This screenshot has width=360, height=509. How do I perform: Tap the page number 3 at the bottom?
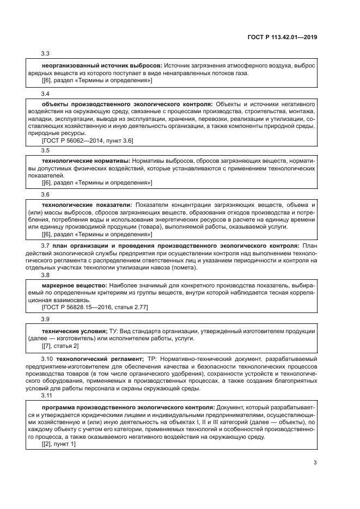(x=315, y=463)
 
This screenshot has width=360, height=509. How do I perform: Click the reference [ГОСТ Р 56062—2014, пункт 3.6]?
(x=88, y=140)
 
